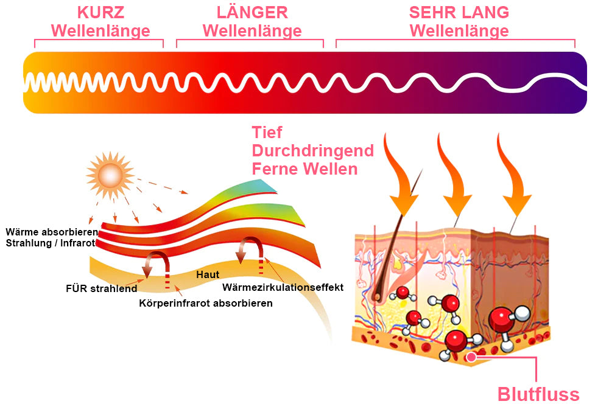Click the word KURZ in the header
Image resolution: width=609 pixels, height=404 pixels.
100,12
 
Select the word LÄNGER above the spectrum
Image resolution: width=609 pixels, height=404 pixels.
252,12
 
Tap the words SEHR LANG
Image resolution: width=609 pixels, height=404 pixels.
459,12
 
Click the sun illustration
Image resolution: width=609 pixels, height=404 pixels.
110,175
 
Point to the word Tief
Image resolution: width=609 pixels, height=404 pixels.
267,133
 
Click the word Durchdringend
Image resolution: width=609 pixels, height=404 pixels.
312,151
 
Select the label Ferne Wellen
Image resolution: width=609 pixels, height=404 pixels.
304,169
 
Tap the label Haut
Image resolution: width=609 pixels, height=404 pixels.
208,275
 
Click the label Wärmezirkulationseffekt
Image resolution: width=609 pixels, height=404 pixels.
283,288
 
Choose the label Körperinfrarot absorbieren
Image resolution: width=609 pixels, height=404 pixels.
206,303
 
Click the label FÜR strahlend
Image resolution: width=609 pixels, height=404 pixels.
101,288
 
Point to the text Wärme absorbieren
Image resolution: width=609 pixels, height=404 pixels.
52,232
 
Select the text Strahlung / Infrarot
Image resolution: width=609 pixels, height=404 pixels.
51,243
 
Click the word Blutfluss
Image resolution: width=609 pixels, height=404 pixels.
538,394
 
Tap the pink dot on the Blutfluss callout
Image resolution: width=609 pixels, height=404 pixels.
471,357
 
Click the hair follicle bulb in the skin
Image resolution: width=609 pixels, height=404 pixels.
376,297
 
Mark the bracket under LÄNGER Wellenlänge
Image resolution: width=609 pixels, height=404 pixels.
250,40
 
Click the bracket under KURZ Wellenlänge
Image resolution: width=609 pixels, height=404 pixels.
99,40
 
